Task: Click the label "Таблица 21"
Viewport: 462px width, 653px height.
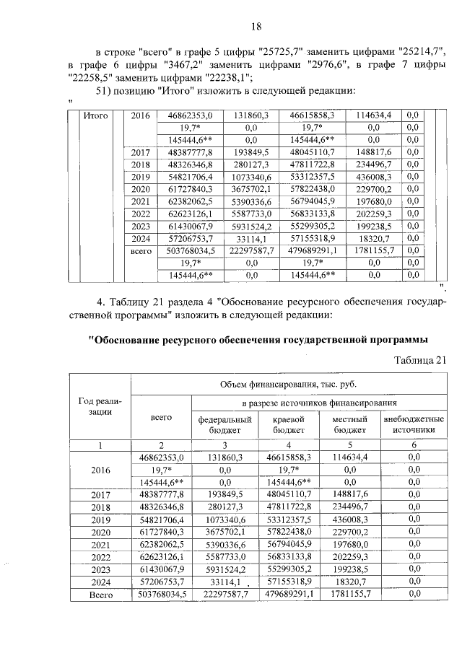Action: (x=421, y=359)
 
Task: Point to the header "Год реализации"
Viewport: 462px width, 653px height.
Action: (x=100, y=406)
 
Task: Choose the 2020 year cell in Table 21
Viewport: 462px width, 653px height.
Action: (x=100, y=532)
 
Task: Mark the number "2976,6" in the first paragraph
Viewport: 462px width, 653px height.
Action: (x=327, y=64)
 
